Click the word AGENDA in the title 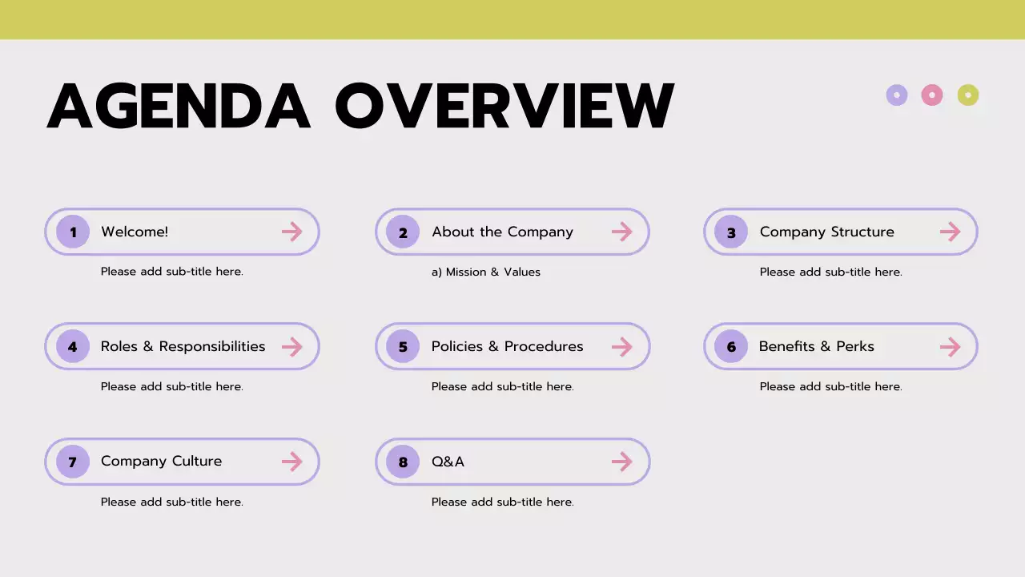click(179, 106)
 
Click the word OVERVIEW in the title click(504, 106)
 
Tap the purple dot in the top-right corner click(897, 95)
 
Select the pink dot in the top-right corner click(932, 95)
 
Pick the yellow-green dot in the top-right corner click(968, 95)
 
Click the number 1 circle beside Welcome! click(73, 232)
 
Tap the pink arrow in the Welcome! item click(292, 232)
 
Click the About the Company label click(502, 232)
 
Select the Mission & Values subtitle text click(486, 272)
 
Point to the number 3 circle click(731, 232)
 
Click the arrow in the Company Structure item click(951, 232)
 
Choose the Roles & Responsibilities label click(183, 347)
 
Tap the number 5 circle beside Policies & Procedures click(403, 347)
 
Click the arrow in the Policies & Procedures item click(622, 347)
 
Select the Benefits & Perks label click(816, 347)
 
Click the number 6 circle click(731, 347)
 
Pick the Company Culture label click(161, 462)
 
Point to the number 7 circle click(73, 462)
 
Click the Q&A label click(448, 462)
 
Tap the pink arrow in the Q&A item click(622, 462)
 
